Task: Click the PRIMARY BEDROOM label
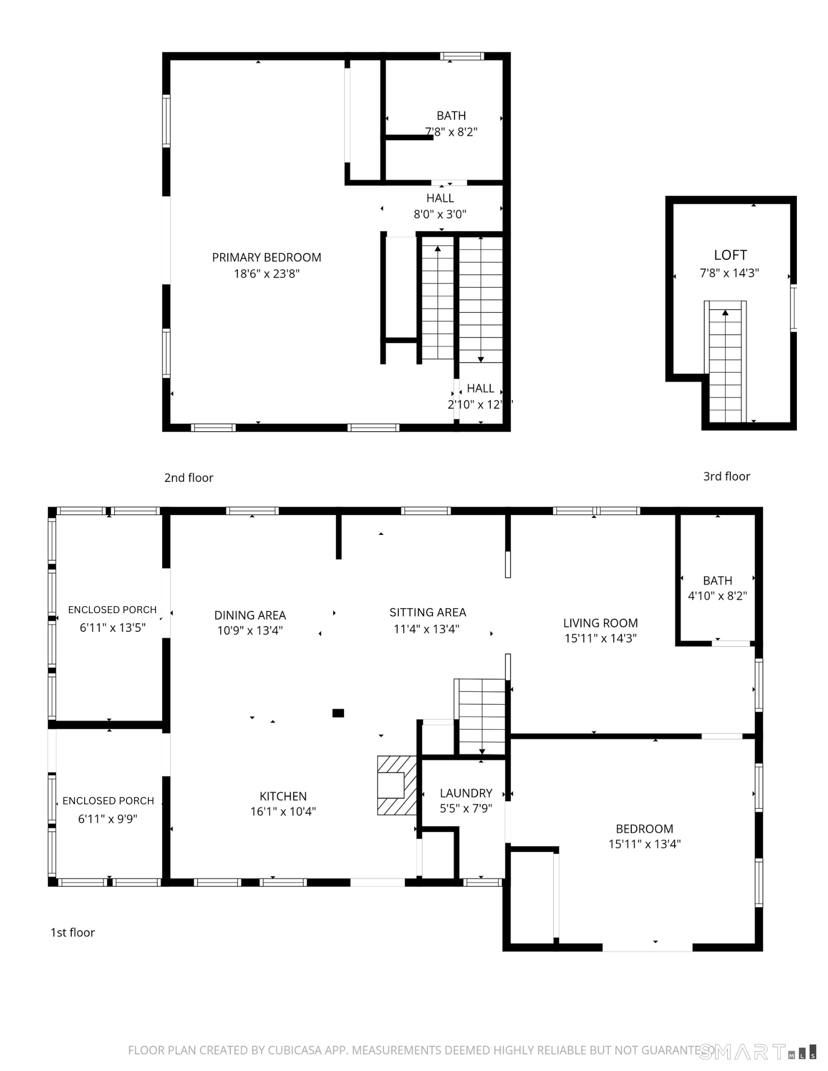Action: coord(266,257)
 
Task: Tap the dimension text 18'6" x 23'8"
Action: coord(266,274)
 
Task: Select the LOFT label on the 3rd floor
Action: coord(730,255)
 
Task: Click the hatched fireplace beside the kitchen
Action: coord(397,785)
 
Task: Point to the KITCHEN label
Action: coord(283,796)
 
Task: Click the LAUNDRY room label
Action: coord(466,793)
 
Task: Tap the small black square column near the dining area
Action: coord(338,713)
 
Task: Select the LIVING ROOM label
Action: coord(600,623)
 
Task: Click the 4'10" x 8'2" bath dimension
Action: coord(717,596)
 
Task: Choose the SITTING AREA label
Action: coord(428,612)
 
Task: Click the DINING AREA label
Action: coord(250,615)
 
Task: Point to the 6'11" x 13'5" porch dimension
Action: coord(113,628)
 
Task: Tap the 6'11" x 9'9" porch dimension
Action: coord(108,819)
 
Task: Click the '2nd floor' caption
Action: coord(189,478)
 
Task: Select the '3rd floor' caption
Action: coord(726,476)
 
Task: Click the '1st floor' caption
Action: coord(72,932)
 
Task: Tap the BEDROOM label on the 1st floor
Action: coord(644,829)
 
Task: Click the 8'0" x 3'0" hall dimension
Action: coord(440,215)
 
